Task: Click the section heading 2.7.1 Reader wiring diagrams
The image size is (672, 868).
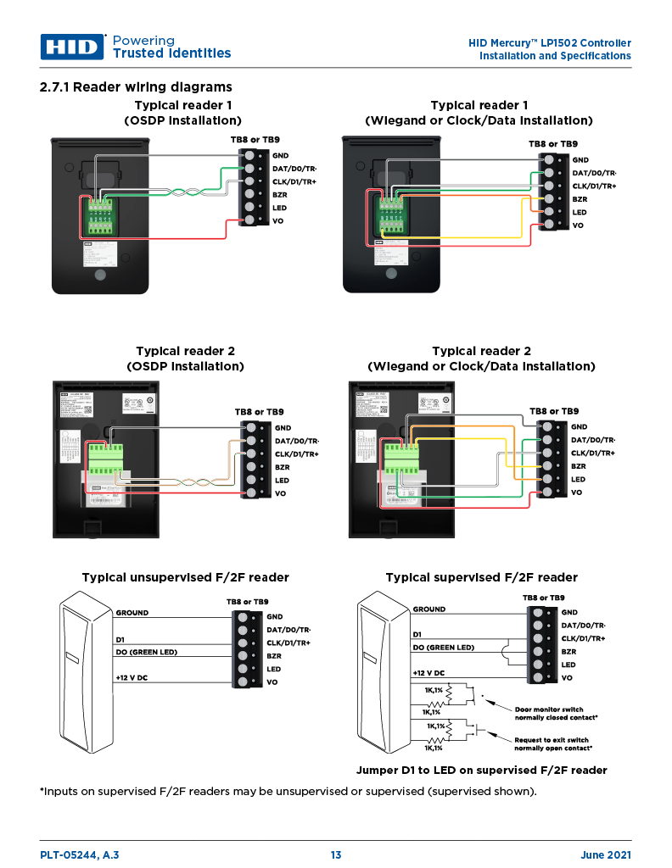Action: click(x=136, y=87)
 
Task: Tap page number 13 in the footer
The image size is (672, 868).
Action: click(x=336, y=855)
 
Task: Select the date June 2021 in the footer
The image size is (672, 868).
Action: click(x=606, y=855)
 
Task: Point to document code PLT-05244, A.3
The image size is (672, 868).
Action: click(x=80, y=855)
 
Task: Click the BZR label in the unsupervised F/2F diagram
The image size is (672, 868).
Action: click(x=274, y=656)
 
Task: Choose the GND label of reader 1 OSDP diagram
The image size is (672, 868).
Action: click(x=281, y=155)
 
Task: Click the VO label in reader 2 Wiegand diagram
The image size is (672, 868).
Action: click(x=576, y=492)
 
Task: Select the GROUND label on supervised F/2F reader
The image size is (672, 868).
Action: click(x=429, y=609)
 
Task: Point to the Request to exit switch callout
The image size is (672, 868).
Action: click(x=552, y=740)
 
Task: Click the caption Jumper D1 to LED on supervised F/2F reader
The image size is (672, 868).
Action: click(x=481, y=771)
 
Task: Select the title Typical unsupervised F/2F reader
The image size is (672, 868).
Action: click(x=185, y=577)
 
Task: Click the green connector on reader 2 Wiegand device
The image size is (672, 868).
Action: click(x=401, y=457)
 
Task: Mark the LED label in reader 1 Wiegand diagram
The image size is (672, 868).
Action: click(x=580, y=212)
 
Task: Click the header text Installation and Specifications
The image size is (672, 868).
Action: click(x=555, y=56)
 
